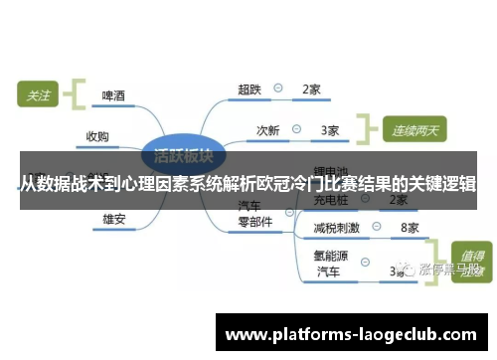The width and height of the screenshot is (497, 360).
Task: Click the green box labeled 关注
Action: click(38, 95)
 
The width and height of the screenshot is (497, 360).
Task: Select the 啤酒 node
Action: click(113, 96)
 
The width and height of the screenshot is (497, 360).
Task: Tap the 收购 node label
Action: click(96, 136)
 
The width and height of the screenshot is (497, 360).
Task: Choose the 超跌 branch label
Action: click(248, 89)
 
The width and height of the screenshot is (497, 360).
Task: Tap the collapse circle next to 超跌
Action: click(278, 89)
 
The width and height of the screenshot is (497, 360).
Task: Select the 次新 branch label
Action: click(268, 129)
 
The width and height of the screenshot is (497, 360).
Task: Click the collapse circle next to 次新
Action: click(298, 129)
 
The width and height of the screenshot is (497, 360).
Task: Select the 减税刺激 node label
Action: click(336, 228)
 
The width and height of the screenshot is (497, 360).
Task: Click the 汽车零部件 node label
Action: click(254, 215)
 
